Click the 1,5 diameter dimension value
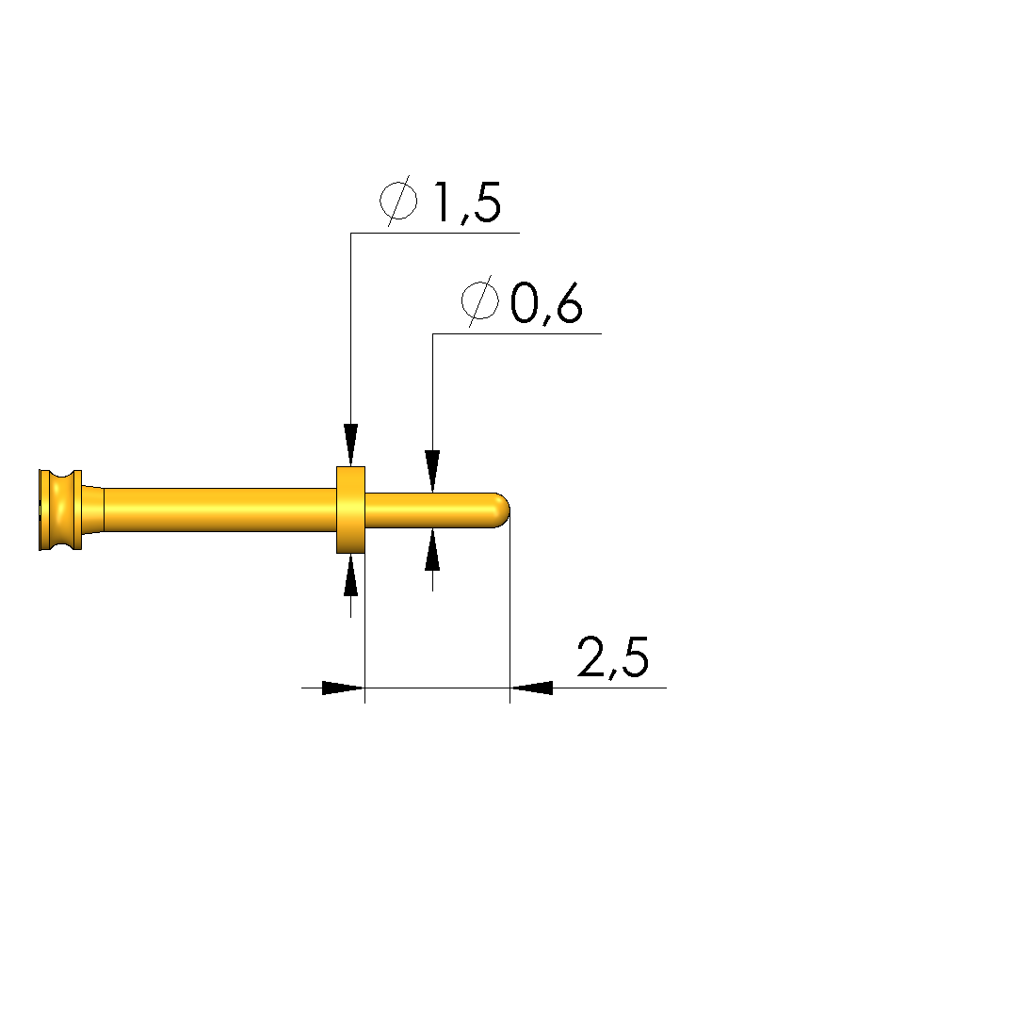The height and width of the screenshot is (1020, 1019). tap(467, 202)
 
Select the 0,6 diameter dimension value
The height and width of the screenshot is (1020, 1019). tap(546, 304)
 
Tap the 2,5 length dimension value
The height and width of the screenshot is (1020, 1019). tap(612, 657)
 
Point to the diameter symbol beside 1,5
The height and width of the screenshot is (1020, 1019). tap(398, 201)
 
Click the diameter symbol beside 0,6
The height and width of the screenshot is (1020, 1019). tap(480, 301)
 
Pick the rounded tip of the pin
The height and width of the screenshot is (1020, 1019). tap(502, 510)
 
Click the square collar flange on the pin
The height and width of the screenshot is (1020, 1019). tap(350, 510)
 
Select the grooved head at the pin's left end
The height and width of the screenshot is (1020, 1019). tap(60, 510)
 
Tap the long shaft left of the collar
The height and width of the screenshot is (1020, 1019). tap(219, 510)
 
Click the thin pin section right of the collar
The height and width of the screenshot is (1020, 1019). tap(430, 510)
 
